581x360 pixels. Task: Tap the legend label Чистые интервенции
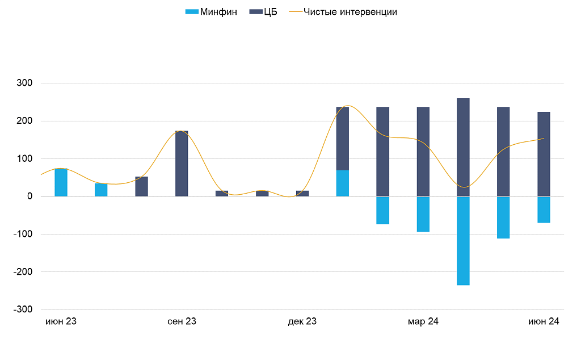point(350,12)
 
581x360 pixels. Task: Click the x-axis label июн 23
point(61,321)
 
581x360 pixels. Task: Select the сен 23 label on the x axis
point(182,321)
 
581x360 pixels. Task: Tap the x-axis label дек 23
point(302,321)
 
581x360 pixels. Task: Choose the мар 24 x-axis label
point(423,321)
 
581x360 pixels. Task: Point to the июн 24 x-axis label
point(544,321)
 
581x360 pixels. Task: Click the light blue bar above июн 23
point(61,182)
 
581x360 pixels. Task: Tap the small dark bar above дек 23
point(302,194)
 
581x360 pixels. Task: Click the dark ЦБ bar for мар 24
point(423,152)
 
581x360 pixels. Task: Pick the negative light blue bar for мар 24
point(423,214)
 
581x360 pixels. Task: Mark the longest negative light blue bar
point(463,241)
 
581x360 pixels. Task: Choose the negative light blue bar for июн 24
point(544,210)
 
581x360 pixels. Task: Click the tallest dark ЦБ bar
point(463,147)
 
